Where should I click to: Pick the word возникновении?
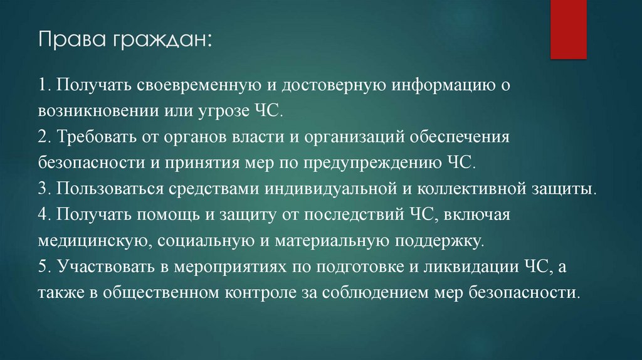[92, 110]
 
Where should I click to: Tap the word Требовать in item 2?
[91, 136]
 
